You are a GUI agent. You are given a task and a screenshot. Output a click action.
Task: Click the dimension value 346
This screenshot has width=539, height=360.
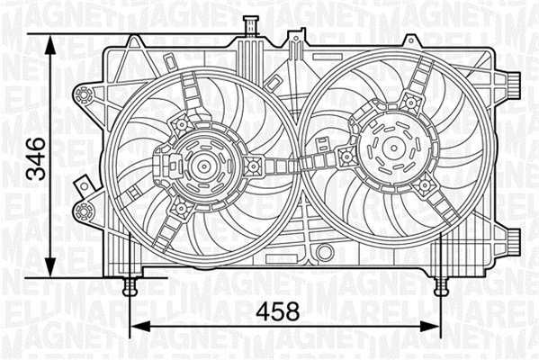(x=35, y=159)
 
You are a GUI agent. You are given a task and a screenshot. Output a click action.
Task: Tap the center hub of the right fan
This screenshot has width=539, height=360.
(x=392, y=148)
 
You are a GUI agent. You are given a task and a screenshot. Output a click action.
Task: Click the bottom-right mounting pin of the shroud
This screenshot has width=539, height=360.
(x=441, y=286)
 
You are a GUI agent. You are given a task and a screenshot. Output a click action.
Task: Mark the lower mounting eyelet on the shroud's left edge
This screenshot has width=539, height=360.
(x=85, y=212)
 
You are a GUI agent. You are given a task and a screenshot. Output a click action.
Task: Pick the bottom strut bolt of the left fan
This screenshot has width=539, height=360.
(x=180, y=209)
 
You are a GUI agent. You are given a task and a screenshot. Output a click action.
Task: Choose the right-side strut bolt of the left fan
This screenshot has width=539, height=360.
(x=255, y=165)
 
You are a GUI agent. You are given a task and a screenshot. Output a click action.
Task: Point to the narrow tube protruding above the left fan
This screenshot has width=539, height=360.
(x=245, y=29)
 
